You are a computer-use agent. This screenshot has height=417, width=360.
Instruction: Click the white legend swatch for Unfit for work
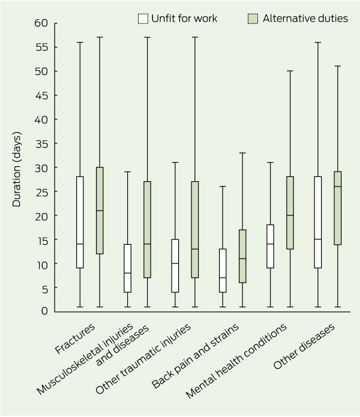pos(143,19)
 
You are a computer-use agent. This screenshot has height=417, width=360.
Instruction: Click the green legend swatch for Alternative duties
pos(253,19)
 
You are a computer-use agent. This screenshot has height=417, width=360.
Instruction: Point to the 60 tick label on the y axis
pos(41,23)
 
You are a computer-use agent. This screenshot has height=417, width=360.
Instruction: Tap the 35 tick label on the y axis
pos(41,144)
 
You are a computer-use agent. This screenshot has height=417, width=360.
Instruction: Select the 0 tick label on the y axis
pos(44,311)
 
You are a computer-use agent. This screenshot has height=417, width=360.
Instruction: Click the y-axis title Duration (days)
pos(16,169)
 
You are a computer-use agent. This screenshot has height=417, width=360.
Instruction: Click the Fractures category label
pos(75,339)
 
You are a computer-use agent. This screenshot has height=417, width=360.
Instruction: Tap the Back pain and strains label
pos(195,356)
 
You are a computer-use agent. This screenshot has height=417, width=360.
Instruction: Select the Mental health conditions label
pos(236,361)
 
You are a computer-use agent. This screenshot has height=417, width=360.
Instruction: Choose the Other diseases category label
pos(304,347)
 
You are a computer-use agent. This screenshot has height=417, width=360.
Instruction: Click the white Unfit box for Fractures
pos(80,222)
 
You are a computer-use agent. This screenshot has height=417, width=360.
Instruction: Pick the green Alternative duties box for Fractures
pos(100,211)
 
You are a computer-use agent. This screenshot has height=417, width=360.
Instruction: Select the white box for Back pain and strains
pos(223,271)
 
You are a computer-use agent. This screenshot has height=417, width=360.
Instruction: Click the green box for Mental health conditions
pos(290,213)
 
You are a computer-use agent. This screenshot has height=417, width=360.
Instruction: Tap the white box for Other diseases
pos(318,222)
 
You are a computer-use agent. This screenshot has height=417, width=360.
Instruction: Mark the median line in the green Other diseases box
pos(338,187)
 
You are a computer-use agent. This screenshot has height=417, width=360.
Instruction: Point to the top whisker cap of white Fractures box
pos(80,42)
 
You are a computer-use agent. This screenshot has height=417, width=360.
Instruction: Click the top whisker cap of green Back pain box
pos(242,153)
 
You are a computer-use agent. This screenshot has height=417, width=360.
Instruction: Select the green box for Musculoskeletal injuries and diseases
pos(147,230)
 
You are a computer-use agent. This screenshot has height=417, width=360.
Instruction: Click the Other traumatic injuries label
pos(143,359)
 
